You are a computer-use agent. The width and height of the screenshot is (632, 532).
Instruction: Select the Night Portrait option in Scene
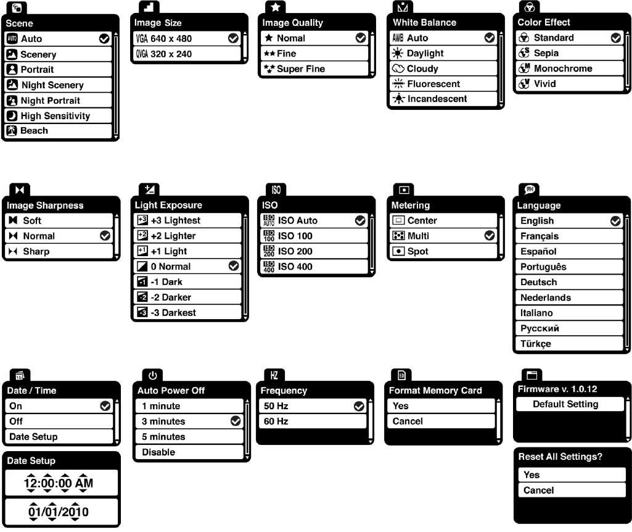point(51,101)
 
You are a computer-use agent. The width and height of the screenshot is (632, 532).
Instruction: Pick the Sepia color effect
point(546,53)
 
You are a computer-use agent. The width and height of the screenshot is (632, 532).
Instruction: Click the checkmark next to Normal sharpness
point(104,236)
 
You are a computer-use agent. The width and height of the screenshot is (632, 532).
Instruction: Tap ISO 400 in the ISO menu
point(295,267)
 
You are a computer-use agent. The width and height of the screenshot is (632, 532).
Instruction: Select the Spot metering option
point(417,251)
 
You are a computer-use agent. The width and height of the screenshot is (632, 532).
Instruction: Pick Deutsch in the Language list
point(538,282)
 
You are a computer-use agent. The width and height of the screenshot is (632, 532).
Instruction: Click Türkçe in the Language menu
point(536,344)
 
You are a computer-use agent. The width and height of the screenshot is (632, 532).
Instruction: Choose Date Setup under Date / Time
point(33,436)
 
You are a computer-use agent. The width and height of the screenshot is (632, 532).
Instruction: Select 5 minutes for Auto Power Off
point(163,436)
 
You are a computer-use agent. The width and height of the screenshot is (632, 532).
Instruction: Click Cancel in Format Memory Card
point(408,421)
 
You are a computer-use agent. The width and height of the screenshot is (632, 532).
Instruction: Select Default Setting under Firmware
point(565,404)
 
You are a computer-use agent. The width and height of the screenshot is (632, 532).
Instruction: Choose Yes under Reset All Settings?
point(531,475)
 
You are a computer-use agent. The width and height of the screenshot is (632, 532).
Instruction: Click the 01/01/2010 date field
point(59,512)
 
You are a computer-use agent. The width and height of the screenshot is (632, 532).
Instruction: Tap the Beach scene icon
point(12,131)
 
